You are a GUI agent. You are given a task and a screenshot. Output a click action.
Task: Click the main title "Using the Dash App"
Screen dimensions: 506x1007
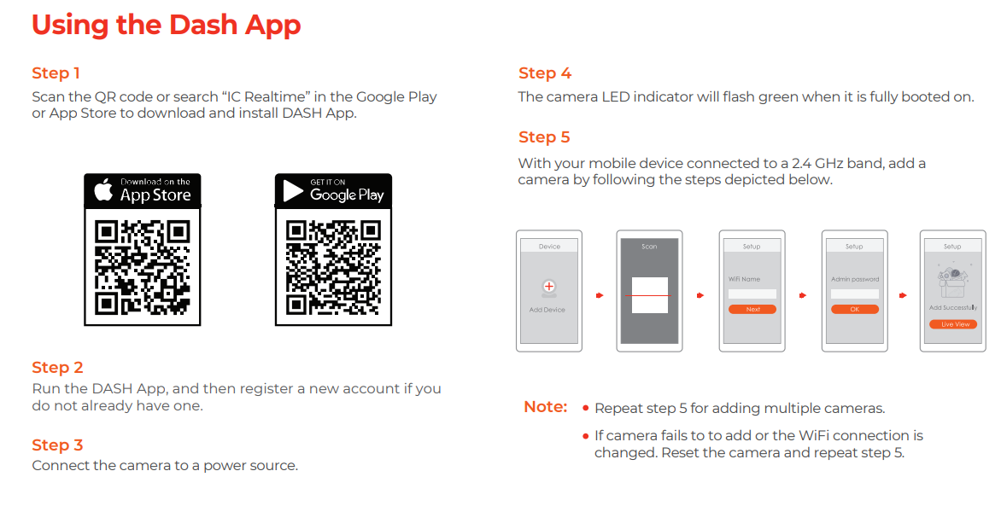tap(166, 25)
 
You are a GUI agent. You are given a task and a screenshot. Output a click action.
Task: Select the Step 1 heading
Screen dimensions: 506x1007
tap(56, 73)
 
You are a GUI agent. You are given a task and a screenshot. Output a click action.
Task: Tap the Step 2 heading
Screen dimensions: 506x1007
tap(57, 368)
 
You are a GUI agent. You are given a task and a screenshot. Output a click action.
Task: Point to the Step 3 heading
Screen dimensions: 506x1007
tap(57, 445)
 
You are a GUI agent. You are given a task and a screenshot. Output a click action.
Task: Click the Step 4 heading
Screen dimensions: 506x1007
tap(544, 73)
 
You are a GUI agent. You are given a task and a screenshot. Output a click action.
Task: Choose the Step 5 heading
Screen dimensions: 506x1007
tap(544, 137)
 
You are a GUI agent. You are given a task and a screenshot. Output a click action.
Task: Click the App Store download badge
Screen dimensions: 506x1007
tap(142, 190)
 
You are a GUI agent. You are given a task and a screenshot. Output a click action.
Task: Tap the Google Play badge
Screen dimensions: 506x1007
tap(333, 190)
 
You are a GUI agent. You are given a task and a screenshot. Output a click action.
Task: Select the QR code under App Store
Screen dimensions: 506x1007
tap(142, 266)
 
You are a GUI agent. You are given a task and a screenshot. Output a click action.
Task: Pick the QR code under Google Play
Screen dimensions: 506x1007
tap(333, 266)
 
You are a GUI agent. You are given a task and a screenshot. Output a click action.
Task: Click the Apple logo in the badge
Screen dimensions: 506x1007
tap(103, 190)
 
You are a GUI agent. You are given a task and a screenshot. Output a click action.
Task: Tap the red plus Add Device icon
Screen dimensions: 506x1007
tap(548, 287)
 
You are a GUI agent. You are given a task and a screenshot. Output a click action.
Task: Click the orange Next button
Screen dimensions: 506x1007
tap(752, 310)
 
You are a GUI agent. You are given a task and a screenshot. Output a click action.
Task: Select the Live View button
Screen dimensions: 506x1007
tap(953, 324)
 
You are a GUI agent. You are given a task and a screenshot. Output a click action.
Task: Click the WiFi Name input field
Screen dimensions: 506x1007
tap(752, 294)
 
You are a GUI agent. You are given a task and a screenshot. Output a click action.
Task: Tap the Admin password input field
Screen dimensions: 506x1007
tap(854, 294)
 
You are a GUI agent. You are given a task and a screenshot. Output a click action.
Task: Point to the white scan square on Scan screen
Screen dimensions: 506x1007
tap(649, 295)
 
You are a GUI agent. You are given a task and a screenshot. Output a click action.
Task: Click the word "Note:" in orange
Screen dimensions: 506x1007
tap(545, 407)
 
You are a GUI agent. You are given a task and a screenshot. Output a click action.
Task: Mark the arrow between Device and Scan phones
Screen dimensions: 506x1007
tap(599, 295)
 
